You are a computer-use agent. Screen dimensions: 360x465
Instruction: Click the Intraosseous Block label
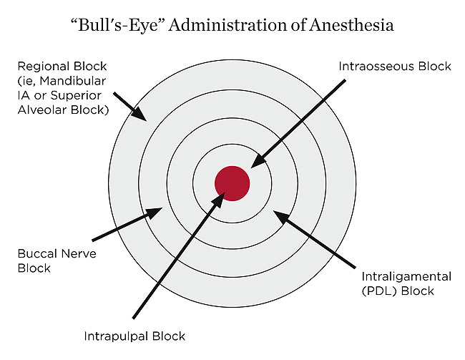click(394, 67)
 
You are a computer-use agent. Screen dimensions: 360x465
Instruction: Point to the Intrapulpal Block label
click(134, 336)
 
